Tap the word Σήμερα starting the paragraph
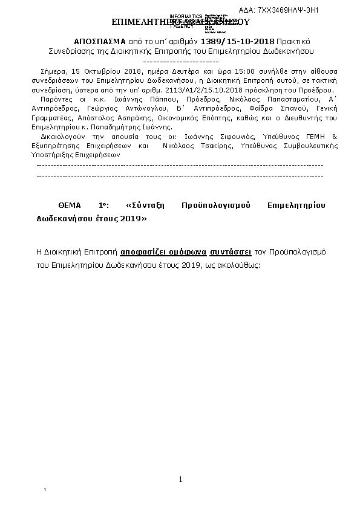point(50,71)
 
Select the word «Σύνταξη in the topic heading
point(147,206)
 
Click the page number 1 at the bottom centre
point(180,479)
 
